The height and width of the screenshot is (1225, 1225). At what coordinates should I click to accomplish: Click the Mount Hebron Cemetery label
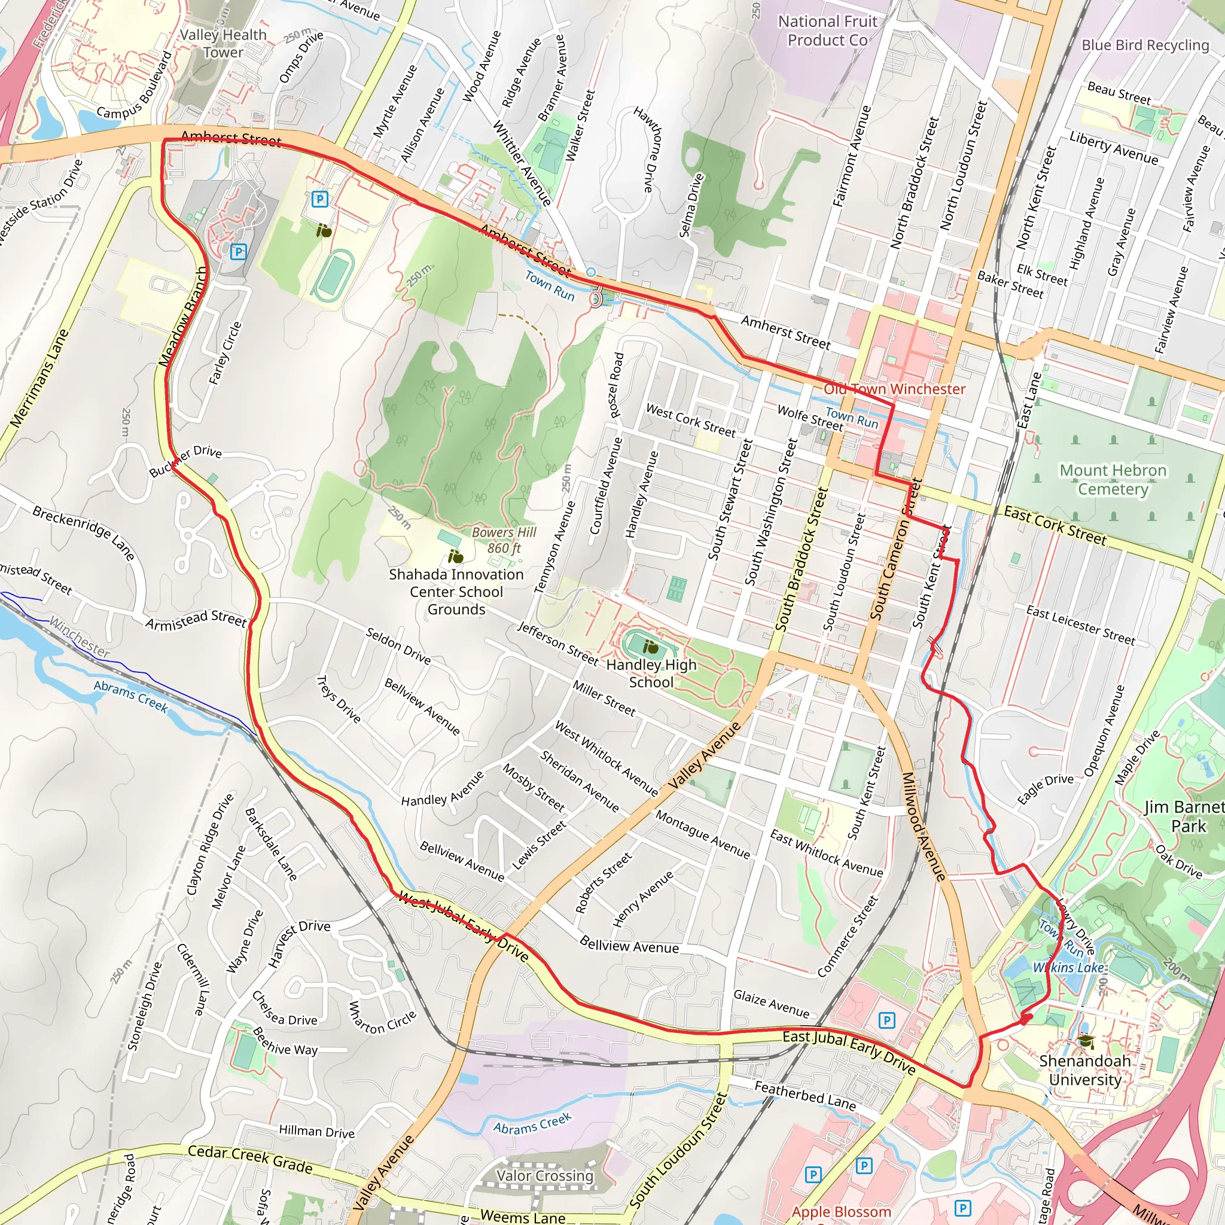click(1113, 479)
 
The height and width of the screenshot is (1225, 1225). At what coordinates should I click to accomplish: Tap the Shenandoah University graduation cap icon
click(1086, 1041)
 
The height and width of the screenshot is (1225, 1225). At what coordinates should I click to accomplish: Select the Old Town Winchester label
click(894, 389)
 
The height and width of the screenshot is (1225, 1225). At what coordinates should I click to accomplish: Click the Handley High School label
click(651, 674)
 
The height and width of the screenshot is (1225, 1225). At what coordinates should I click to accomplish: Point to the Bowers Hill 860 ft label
click(504, 540)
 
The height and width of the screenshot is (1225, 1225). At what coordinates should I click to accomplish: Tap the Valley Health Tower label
click(223, 43)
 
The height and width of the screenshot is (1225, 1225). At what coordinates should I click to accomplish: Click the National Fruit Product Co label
click(827, 31)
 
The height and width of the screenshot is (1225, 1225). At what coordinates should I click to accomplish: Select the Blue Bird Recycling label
click(1145, 45)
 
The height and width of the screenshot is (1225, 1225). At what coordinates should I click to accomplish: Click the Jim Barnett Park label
click(1184, 816)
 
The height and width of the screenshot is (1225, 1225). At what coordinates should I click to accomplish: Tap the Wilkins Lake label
click(1068, 968)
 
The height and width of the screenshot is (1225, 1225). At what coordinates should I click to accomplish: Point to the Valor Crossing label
click(545, 1176)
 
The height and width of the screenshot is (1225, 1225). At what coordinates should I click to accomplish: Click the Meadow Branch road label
click(183, 317)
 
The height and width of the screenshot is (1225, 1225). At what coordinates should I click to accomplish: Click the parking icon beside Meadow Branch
click(238, 252)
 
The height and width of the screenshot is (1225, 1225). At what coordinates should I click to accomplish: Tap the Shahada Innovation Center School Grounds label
click(456, 592)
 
